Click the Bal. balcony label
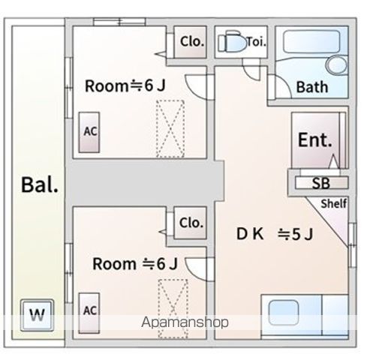tap(40, 184)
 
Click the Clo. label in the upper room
tap(191, 42)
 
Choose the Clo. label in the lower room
tap(191, 223)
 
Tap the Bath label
tap(311, 87)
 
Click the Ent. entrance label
tap(316, 139)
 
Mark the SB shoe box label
tap(320, 182)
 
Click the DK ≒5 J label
tap(275, 234)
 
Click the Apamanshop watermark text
tap(184, 322)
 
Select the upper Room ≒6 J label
tap(125, 85)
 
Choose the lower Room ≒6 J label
tap(134, 264)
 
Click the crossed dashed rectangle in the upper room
tap(170, 128)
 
